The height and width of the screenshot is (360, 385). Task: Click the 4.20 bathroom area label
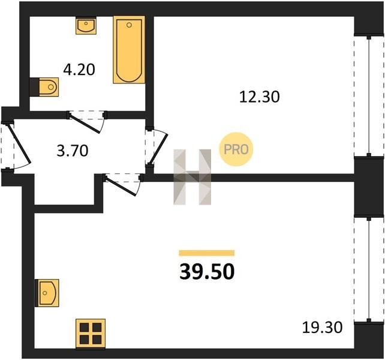[x=79, y=70]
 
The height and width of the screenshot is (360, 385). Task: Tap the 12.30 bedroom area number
[x=259, y=97]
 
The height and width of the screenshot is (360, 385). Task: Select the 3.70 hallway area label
[x=73, y=151]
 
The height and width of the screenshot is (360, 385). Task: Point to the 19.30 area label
[x=322, y=328]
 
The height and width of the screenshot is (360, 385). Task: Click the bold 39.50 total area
[x=207, y=272]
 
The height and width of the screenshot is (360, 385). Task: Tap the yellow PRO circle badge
[x=236, y=149]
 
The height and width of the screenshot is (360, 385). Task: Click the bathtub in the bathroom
[x=129, y=50]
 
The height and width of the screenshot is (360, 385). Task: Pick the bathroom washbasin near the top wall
[x=86, y=25]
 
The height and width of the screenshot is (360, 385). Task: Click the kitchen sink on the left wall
[x=47, y=293]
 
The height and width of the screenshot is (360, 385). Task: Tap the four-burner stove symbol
[x=91, y=334]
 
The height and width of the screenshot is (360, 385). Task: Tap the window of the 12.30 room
[x=369, y=96]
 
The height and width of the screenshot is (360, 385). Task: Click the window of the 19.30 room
[x=369, y=269]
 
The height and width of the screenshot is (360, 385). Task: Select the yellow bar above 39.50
[x=207, y=253]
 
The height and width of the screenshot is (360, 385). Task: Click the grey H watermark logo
[x=192, y=177]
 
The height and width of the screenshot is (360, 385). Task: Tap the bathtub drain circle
[x=129, y=25]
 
